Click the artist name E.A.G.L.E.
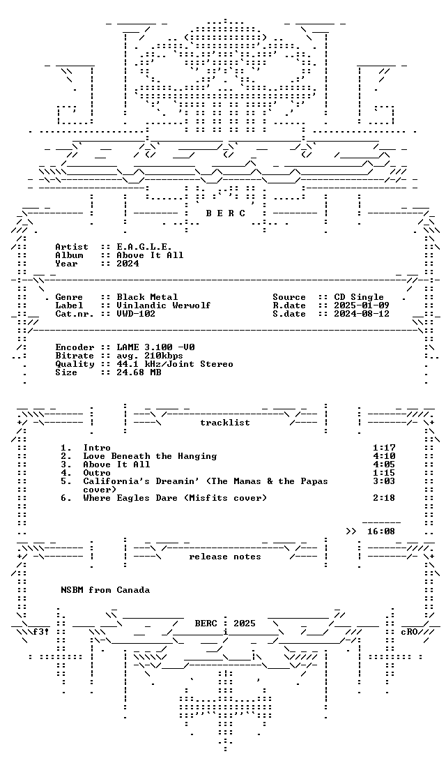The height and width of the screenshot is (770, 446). tap(144, 247)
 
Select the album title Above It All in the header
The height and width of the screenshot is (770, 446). tap(150, 255)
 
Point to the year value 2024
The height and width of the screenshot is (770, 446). tap(128, 264)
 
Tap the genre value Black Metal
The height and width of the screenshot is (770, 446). tap(147, 297)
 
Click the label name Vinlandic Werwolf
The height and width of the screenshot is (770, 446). tap(163, 305)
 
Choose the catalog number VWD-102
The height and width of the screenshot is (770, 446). tap(136, 314)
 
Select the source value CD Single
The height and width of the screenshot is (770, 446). tap(359, 297)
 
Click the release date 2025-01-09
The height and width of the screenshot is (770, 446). tap(362, 305)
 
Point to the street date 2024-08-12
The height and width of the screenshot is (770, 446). tap(362, 314)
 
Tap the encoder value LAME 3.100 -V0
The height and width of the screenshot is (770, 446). tap(155, 347)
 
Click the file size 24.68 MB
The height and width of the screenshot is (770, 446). tap(139, 372)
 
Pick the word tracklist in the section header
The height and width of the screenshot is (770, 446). tap(225, 423)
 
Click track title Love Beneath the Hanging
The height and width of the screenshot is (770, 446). tap(150, 456)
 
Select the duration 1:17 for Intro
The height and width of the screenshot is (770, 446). tap(384, 448)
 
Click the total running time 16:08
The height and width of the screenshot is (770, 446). tap(381, 531)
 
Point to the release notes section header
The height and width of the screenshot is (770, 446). tap(225, 557)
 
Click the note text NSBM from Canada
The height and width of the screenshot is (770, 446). tap(105, 590)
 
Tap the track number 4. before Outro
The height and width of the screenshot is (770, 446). tap(66, 473)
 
